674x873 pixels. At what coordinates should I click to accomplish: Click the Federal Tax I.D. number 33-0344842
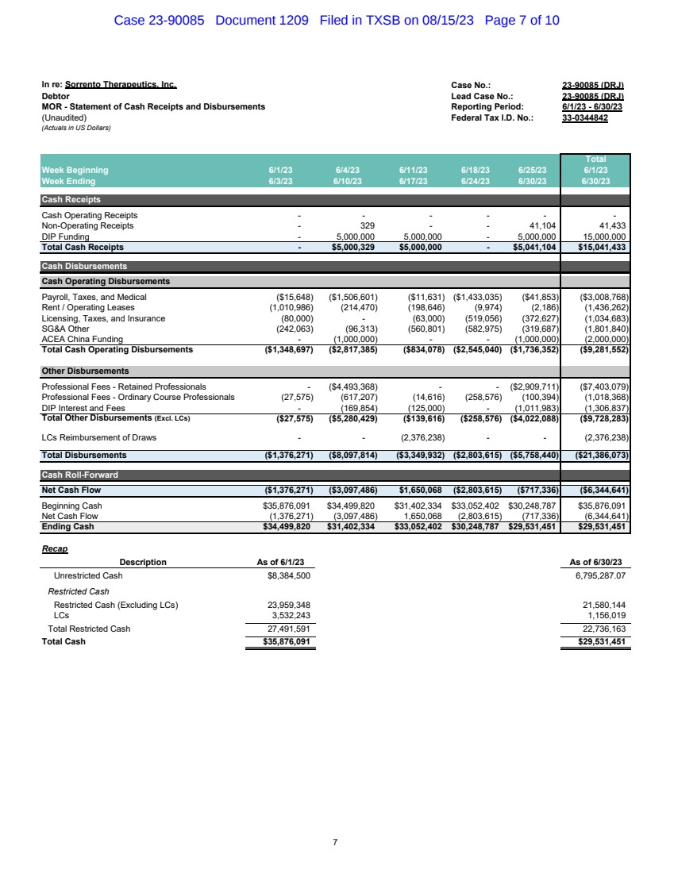coord(584,117)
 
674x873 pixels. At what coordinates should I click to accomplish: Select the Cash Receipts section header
coord(71,200)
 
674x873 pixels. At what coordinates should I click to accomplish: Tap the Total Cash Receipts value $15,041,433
coord(596,247)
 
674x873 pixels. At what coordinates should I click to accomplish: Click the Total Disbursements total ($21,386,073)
coord(596,456)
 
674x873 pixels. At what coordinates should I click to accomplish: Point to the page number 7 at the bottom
coord(336,842)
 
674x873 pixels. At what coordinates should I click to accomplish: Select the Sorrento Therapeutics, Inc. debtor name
coord(121,84)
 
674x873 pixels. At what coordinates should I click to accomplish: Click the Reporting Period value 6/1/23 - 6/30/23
coord(591,106)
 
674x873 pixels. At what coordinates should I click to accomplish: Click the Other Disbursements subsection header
coord(85,371)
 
